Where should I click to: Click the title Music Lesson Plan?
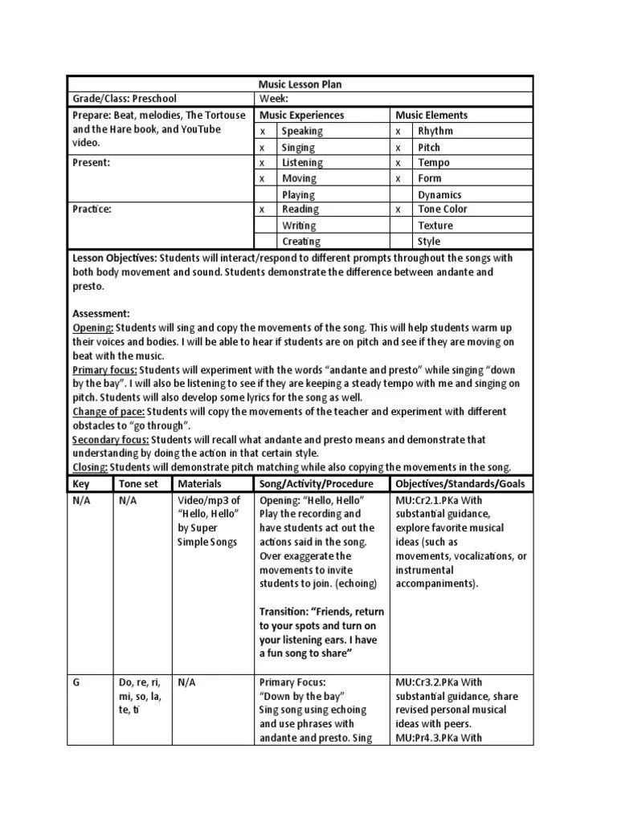pos(300,84)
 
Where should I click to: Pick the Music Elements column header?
pos(431,116)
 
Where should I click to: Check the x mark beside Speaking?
pos(262,132)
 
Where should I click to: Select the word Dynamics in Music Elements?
pos(439,194)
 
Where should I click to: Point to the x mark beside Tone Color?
pos(398,210)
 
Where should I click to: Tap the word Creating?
pos(300,241)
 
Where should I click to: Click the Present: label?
pos(92,162)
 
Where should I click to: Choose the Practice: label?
pos(92,210)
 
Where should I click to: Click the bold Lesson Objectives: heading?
pos(115,258)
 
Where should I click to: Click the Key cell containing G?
pos(76,681)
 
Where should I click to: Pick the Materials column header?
pos(199,484)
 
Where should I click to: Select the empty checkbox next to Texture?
pos(399,226)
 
